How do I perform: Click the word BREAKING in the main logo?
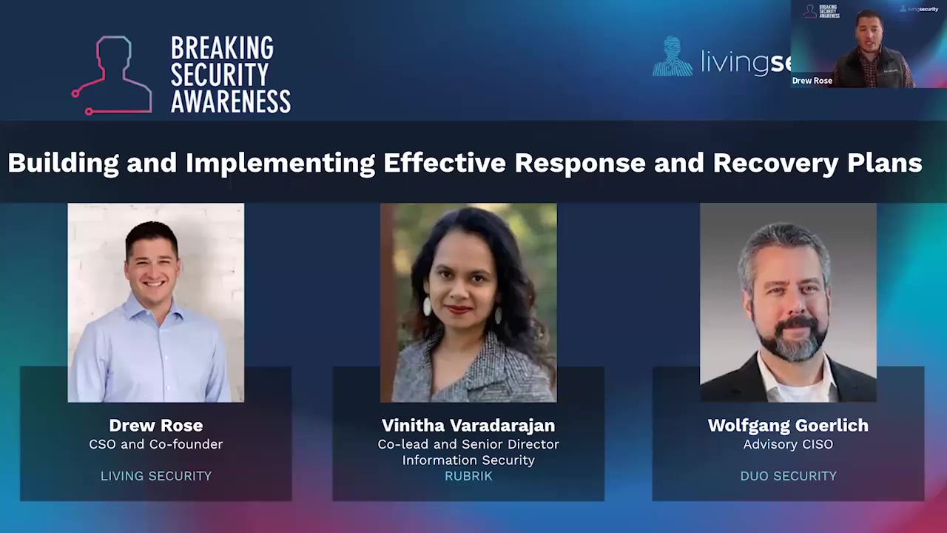[223, 47]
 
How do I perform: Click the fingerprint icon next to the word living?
[673, 56]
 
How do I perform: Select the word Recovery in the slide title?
[776, 164]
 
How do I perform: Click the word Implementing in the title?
[280, 164]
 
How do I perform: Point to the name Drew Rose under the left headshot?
[156, 425]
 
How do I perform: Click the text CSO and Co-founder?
[156, 444]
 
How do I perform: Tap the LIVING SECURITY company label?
[156, 476]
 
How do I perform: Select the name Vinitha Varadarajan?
[468, 426]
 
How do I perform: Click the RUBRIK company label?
[468, 476]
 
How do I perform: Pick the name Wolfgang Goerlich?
[788, 426]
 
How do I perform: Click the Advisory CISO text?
[788, 444]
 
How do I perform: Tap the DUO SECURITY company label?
[788, 476]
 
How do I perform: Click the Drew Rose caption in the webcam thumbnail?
[812, 81]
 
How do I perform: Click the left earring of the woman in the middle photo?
[427, 306]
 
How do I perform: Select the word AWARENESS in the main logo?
[230, 101]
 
